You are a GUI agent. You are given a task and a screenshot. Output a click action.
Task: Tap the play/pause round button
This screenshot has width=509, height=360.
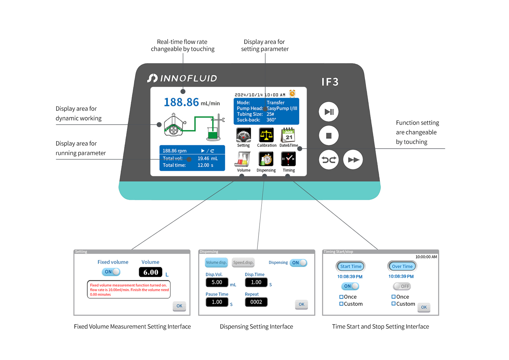pos(329,112)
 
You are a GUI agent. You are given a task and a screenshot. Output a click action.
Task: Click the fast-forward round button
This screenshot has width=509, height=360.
pos(353,160)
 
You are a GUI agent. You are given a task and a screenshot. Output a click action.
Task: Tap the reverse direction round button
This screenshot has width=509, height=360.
pos(329,160)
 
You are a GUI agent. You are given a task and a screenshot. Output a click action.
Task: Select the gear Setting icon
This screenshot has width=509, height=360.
pos(243,135)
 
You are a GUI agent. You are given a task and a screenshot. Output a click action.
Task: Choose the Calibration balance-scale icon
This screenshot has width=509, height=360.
pos(266,135)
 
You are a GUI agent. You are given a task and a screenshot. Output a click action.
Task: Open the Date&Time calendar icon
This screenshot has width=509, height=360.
pos(288,135)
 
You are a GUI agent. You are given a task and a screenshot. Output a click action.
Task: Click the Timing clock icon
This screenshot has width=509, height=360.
pos(288,159)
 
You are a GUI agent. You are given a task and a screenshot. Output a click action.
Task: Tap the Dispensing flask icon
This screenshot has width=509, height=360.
pos(266,159)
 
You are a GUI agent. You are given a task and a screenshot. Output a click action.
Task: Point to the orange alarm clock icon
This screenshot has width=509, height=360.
pos(292,93)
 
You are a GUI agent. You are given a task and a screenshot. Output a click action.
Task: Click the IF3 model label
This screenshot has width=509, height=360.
pos(330,82)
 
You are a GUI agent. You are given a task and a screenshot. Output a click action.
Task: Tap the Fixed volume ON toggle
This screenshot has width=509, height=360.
pos(111,272)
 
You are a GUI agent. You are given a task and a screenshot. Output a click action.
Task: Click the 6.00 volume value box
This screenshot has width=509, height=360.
pos(151,272)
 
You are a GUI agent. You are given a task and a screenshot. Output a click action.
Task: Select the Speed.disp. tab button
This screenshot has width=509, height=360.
pos(243,262)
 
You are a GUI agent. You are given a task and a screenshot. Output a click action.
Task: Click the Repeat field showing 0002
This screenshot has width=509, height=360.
pos(256,302)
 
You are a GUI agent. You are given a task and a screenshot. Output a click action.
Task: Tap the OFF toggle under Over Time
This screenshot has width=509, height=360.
pos(402,286)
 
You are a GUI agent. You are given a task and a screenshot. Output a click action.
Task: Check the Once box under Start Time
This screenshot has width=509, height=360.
pos(341,297)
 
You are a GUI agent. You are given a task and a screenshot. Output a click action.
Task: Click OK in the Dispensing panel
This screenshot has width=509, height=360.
pos(301,304)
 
